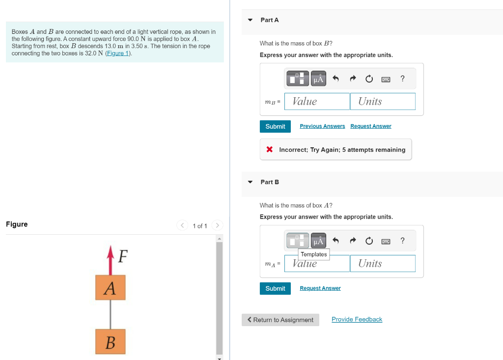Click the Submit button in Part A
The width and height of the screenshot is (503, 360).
click(x=275, y=126)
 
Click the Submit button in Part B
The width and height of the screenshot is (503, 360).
click(x=275, y=288)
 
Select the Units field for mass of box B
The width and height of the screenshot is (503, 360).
click(x=383, y=102)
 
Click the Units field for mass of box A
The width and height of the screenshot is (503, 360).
click(x=383, y=264)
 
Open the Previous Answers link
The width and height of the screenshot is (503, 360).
click(x=322, y=126)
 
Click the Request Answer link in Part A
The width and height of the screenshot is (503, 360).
click(x=371, y=126)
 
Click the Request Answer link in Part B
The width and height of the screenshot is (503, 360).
click(x=320, y=288)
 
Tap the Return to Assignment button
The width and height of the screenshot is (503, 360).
click(x=280, y=320)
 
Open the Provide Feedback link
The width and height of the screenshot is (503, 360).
click(x=357, y=319)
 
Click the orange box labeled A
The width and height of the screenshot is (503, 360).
click(x=111, y=287)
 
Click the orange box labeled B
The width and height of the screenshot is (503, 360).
click(x=111, y=341)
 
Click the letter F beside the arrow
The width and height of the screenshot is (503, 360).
click(x=123, y=256)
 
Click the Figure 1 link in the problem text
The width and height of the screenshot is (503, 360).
click(x=118, y=53)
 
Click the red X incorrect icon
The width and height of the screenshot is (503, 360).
click(x=270, y=149)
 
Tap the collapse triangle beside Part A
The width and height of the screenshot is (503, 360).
click(x=250, y=20)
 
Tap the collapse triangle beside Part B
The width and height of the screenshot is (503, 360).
click(x=250, y=182)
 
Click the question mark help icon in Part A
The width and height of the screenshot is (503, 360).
click(x=403, y=79)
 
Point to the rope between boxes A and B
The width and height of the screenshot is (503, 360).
click(x=111, y=314)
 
